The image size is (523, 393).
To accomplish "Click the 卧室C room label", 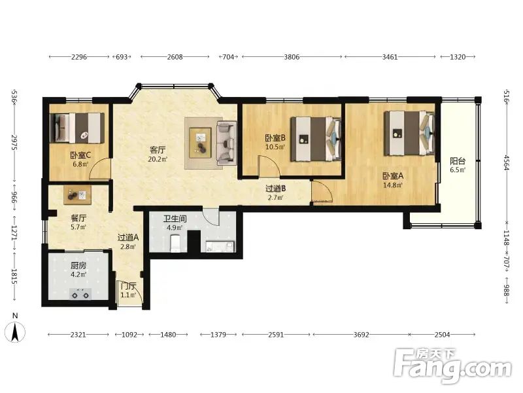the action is [80, 155].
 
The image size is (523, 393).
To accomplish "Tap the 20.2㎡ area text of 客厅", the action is [158, 159].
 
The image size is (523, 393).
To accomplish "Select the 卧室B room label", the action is [275, 138].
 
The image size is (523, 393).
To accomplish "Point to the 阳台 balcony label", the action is [458, 161].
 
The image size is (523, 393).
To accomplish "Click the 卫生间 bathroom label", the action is [175, 219].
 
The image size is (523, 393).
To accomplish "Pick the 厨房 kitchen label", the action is [78, 266].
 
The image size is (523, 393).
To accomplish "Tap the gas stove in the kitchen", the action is [80, 294].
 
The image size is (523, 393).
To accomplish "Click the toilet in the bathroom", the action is [175, 243].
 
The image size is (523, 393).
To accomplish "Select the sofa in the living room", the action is [227, 143].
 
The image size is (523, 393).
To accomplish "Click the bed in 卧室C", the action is [77, 128].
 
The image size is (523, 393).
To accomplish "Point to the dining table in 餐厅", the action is [77, 195].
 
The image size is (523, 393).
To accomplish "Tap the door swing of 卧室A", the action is [322, 191].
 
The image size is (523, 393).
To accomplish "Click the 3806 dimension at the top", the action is [292, 57].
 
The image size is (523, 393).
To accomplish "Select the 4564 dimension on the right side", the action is [506, 162].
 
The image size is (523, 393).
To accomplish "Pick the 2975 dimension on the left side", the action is [14, 143].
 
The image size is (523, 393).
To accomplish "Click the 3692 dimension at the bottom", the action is [362, 334].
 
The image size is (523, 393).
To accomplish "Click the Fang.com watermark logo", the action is [452, 366].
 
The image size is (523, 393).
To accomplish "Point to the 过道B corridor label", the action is [275, 189].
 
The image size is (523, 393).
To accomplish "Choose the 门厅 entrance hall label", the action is [128, 286].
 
